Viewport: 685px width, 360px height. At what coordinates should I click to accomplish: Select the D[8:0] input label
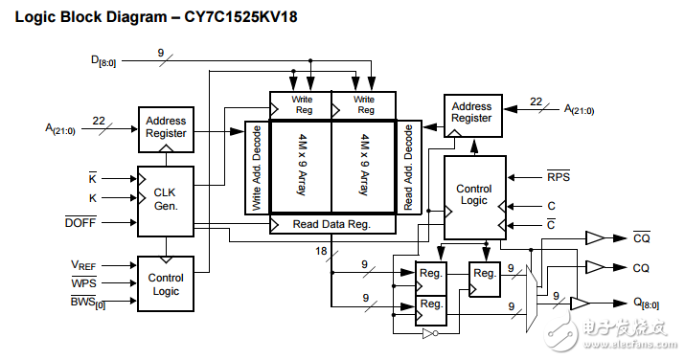click(x=105, y=62)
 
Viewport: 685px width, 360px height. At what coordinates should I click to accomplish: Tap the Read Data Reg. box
click(x=331, y=224)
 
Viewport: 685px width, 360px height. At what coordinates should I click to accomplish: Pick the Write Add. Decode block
click(x=257, y=168)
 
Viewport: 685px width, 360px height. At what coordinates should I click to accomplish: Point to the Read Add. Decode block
click(x=408, y=168)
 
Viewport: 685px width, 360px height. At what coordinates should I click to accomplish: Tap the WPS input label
click(x=84, y=282)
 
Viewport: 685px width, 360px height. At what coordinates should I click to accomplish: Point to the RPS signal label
click(x=558, y=177)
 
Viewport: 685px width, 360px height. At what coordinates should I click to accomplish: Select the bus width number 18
click(x=322, y=250)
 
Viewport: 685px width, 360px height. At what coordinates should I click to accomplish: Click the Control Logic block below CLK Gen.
click(x=165, y=284)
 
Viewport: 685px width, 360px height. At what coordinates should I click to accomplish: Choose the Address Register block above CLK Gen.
click(x=165, y=127)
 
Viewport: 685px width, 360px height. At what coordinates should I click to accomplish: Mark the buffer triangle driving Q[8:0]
click(x=580, y=303)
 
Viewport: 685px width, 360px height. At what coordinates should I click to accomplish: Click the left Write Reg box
click(x=300, y=103)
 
